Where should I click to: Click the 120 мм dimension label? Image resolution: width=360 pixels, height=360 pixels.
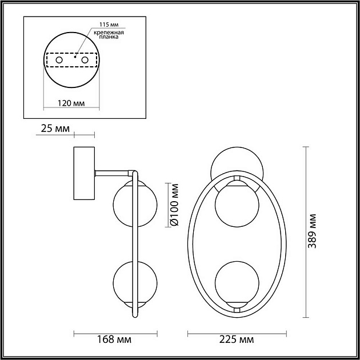click(72, 103)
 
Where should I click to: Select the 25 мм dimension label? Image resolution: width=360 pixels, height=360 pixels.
click(53, 129)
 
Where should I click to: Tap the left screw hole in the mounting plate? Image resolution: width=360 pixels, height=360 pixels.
click(58, 59)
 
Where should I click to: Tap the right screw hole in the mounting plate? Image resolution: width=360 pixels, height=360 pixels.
click(85, 59)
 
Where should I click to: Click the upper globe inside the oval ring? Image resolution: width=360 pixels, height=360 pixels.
click(237, 205)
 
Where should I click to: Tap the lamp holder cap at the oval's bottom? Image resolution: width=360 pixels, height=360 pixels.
click(237, 308)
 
